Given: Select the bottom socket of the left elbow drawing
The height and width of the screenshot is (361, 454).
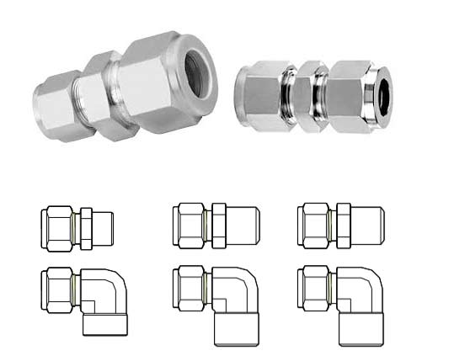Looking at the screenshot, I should [105, 324].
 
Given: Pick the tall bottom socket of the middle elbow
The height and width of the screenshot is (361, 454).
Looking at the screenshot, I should [236, 328].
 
